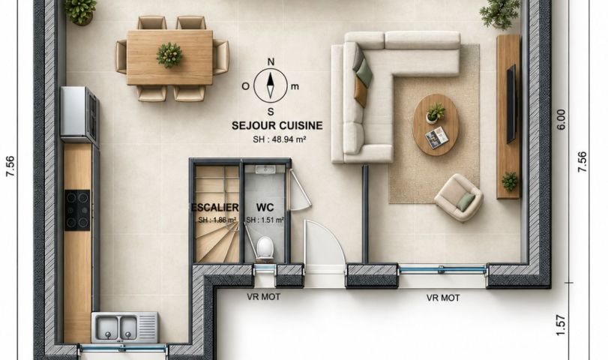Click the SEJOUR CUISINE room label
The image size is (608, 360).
pyautogui.click(x=277, y=126)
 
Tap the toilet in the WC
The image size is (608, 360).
pyautogui.click(x=265, y=247)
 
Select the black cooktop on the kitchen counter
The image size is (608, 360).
pyautogui.click(x=77, y=210)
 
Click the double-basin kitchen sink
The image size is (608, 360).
pyautogui.click(x=124, y=328)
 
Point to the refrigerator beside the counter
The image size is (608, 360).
pyautogui.click(x=79, y=115)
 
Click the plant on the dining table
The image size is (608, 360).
pyautogui.click(x=169, y=55)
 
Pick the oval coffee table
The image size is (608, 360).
pyautogui.click(x=436, y=124)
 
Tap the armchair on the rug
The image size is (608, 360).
pyautogui.click(x=459, y=197)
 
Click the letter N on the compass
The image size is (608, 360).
pyautogui.click(x=271, y=61)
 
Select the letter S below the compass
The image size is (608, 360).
pyautogui.click(x=271, y=112)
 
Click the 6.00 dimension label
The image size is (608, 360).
pyautogui.click(x=561, y=119)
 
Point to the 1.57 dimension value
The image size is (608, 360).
pyautogui.click(x=561, y=325)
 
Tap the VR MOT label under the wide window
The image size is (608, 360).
pyautogui.click(x=443, y=298)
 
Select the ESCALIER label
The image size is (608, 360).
pyautogui.click(x=215, y=207)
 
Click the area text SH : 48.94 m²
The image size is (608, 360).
pyautogui.click(x=279, y=139)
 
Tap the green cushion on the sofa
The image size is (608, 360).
pyautogui.click(x=364, y=73)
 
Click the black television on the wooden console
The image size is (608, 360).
pyautogui.click(x=511, y=104)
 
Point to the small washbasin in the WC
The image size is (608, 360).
pyautogui.click(x=265, y=169)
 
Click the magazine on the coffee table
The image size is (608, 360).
pyautogui.click(x=436, y=138)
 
